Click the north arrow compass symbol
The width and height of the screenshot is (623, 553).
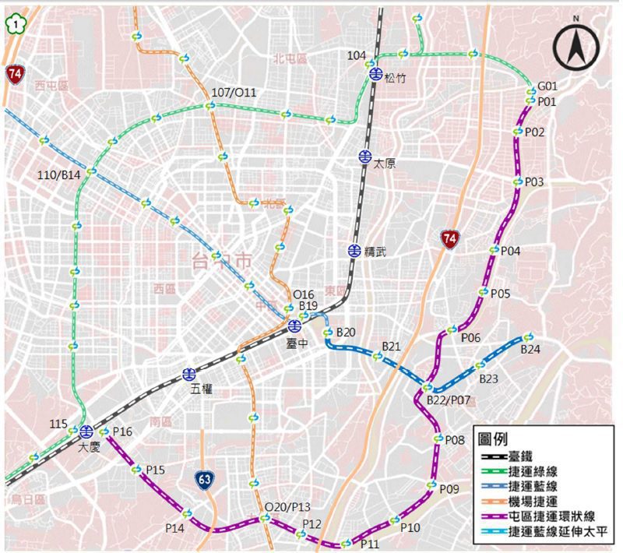pos(577,47)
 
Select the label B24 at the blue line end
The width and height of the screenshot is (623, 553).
pos(530,350)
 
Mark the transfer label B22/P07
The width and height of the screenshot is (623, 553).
pos(448,400)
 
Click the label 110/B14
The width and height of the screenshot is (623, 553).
pos(59,175)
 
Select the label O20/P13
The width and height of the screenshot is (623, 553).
pos(287,507)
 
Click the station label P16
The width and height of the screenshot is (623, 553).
pos(123,431)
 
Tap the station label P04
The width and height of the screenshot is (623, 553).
pos(511,251)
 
